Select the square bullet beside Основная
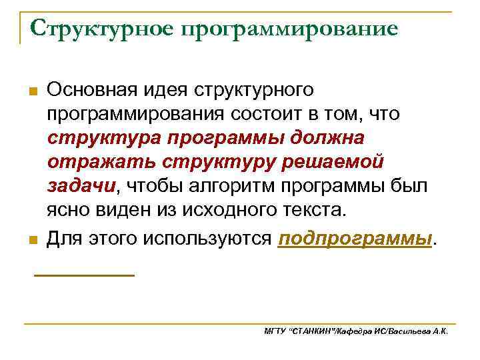[x=33, y=91]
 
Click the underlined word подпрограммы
[x=355, y=239]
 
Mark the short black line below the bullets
[x=84, y=274]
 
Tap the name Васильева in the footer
[x=411, y=331]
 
